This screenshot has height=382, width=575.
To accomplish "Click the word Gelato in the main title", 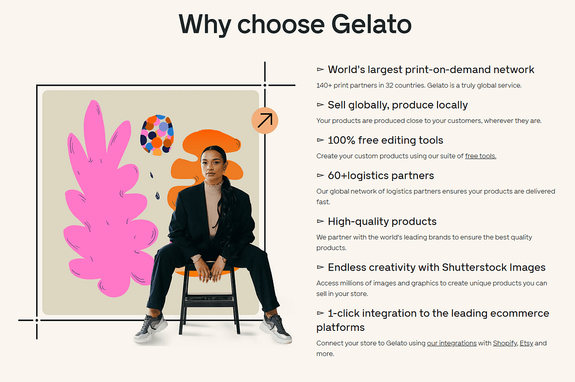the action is [x=371, y=24].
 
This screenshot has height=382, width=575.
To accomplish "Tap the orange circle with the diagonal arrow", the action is [x=264, y=121].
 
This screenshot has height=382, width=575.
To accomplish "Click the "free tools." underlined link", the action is [x=480, y=156].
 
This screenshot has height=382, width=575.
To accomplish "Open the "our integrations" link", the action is [x=451, y=343].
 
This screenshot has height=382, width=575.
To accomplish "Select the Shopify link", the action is [x=505, y=343].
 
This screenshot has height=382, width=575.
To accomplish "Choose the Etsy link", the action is [x=526, y=343].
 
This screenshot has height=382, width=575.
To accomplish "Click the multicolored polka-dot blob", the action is [x=157, y=134].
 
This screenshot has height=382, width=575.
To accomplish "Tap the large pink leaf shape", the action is [x=106, y=205].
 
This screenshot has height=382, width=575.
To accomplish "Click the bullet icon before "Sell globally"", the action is [x=320, y=105].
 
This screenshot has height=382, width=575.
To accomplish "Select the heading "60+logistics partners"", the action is [x=381, y=176].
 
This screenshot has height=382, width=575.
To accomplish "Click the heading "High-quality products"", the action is [x=382, y=222].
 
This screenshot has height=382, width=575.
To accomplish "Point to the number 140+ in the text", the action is [x=324, y=86].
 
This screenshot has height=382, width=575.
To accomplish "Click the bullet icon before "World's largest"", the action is [x=320, y=70].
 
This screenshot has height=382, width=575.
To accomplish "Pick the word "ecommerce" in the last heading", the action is [x=520, y=314].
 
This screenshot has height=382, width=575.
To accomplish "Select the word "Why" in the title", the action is [x=205, y=25].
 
